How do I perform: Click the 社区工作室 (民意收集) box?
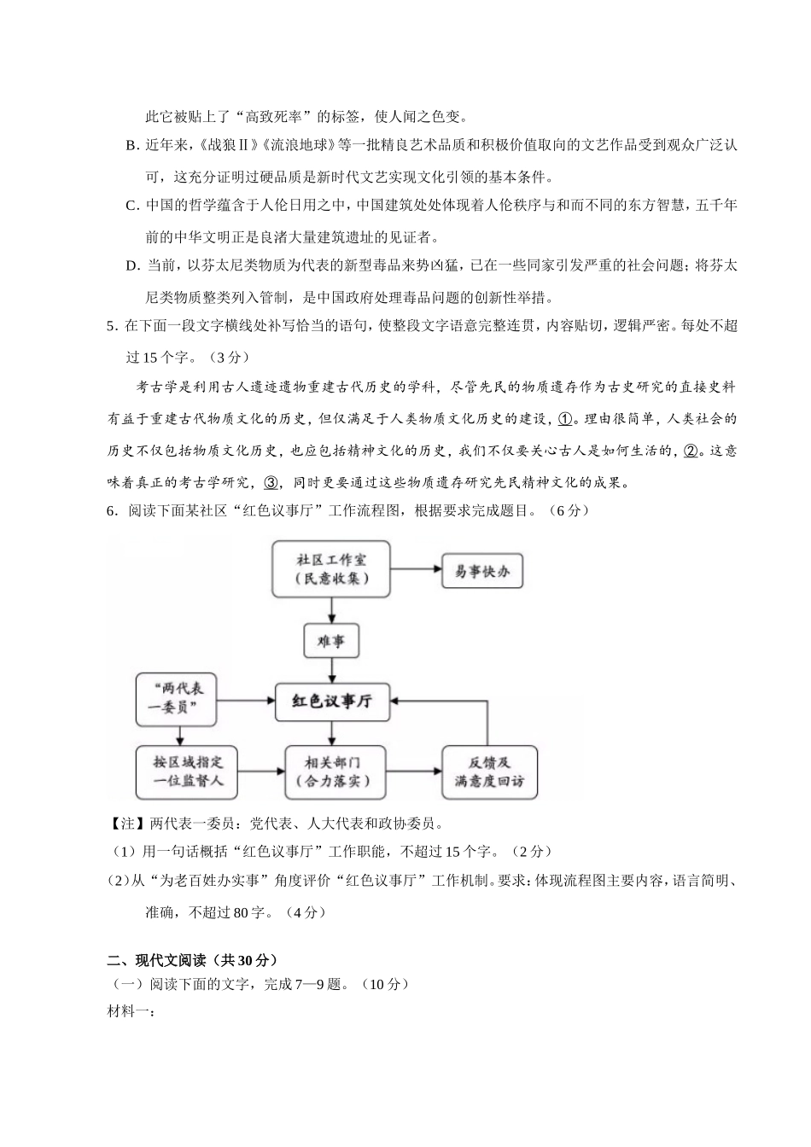[x=331, y=569]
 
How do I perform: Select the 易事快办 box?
[x=481, y=571]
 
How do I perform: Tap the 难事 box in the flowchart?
[x=331, y=641]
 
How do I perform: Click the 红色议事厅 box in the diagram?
[x=332, y=702]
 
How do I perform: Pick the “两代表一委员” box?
[x=178, y=699]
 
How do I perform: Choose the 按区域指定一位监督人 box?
[x=178, y=771]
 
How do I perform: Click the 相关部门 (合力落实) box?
[x=332, y=771]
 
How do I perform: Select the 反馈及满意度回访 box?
[x=489, y=771]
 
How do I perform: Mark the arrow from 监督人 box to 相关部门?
[x=254, y=771]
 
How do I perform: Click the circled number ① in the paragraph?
[x=565, y=420]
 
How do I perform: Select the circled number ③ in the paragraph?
[x=271, y=483]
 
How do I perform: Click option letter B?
[x=131, y=146]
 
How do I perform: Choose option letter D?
[x=131, y=265]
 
